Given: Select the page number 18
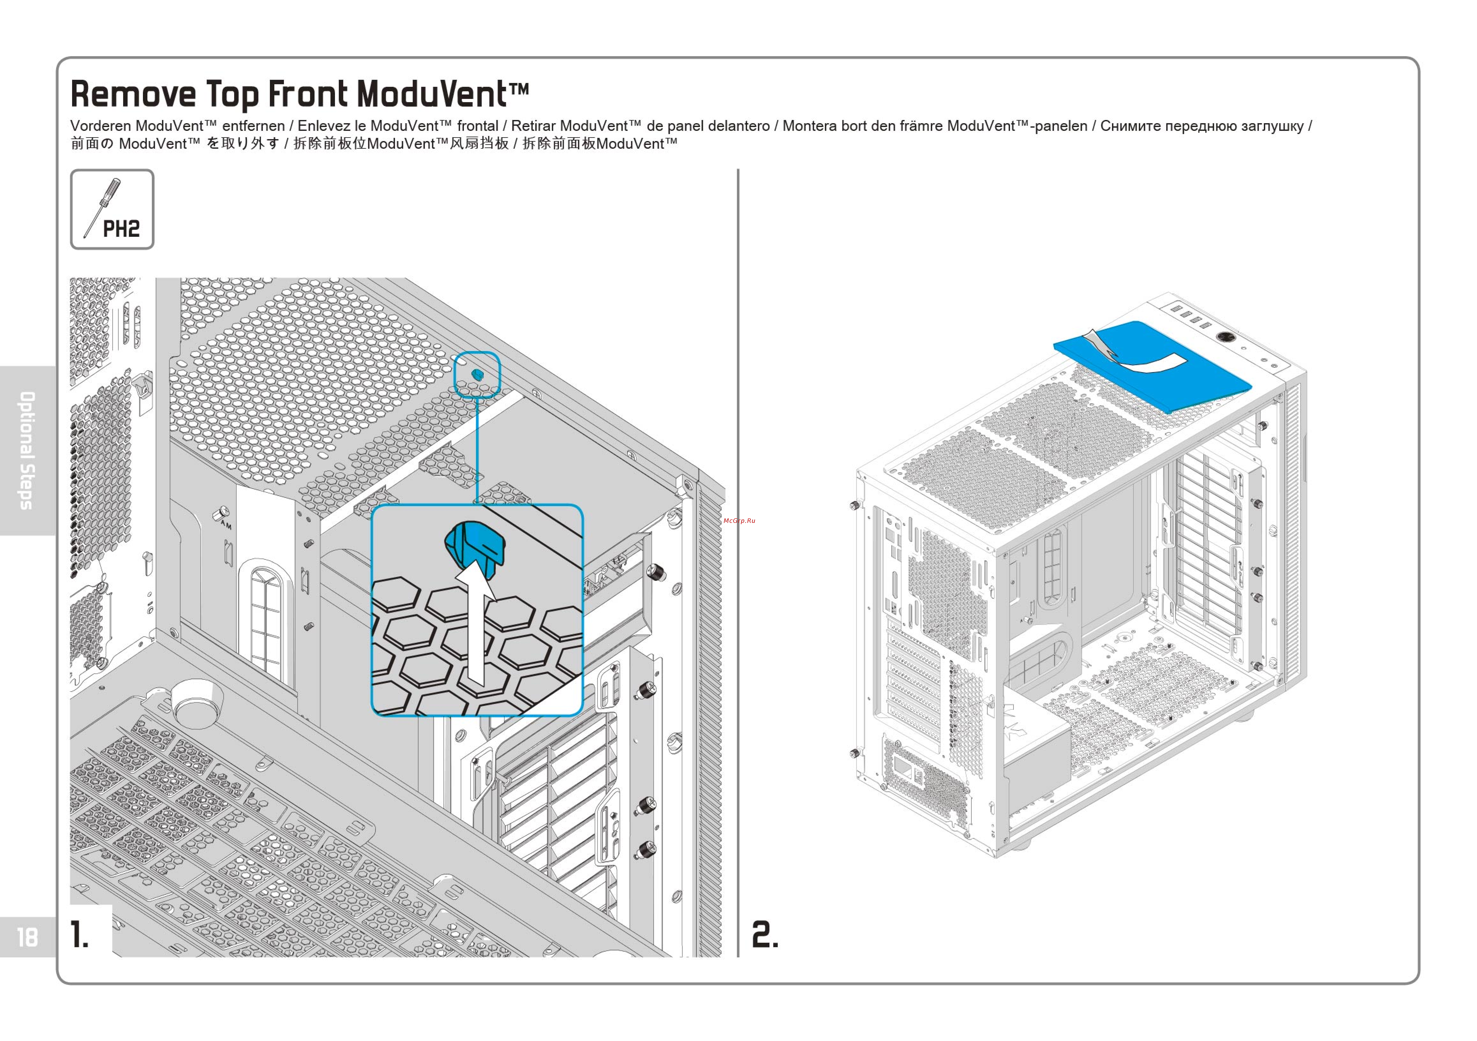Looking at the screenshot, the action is [x=27, y=937].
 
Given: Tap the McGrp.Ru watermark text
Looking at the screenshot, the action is [x=739, y=520].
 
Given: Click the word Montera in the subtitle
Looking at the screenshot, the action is [x=811, y=126].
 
